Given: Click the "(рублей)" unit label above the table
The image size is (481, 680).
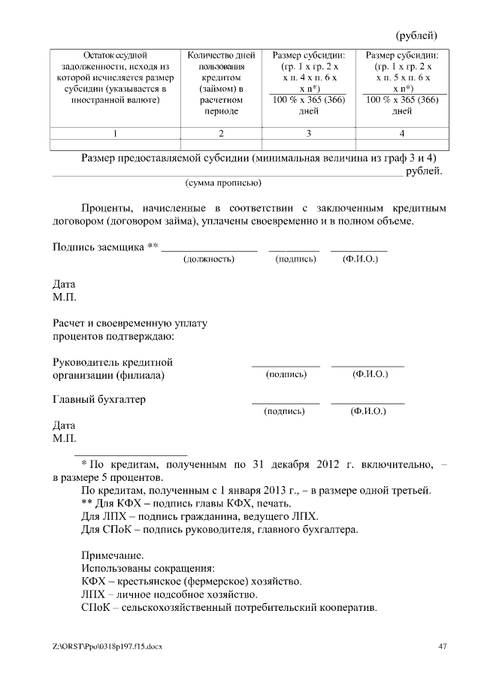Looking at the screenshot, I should click(x=416, y=35).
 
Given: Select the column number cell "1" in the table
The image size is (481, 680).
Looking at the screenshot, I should click(x=115, y=133).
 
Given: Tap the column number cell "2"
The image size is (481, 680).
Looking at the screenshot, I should click(x=221, y=133).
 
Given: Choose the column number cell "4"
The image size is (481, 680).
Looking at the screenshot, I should click(x=402, y=133).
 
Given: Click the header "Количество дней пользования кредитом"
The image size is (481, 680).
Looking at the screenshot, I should click(x=221, y=83).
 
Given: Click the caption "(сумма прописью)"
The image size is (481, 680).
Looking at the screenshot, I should click(x=223, y=183).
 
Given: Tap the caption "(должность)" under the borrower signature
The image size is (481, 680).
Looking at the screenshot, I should click(x=209, y=259).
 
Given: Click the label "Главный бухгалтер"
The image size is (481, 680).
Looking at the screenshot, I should click(x=98, y=400).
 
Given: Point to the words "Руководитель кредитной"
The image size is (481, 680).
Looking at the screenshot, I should click(x=112, y=362).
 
